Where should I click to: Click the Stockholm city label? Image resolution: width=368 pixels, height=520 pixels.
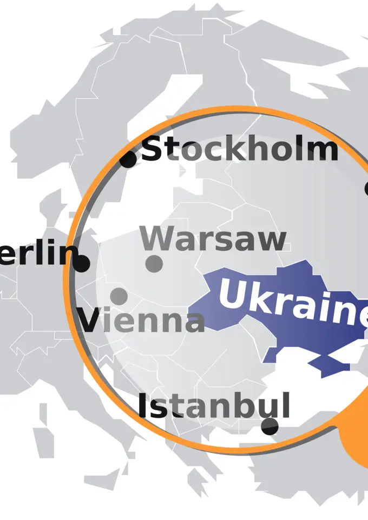pyautogui.click(x=239, y=149)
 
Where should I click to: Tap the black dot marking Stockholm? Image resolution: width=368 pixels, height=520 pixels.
pyautogui.click(x=128, y=159)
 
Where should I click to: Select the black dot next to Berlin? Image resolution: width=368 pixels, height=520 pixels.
pyautogui.click(x=81, y=264)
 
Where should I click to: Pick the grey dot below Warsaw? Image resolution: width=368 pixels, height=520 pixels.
pyautogui.click(x=154, y=264)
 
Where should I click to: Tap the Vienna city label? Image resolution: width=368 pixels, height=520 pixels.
pyautogui.click(x=142, y=320)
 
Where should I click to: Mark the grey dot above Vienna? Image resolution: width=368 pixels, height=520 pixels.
pyautogui.click(x=119, y=296)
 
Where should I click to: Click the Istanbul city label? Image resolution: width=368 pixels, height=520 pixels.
pyautogui.click(x=214, y=406)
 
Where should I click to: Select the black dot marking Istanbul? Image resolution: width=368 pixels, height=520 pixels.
pyautogui.click(x=270, y=426)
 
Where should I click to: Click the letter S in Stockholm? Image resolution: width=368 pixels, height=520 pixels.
pyautogui.click(x=152, y=149)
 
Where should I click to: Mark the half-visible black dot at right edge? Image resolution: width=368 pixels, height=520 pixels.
pyautogui.click(x=366, y=188)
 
